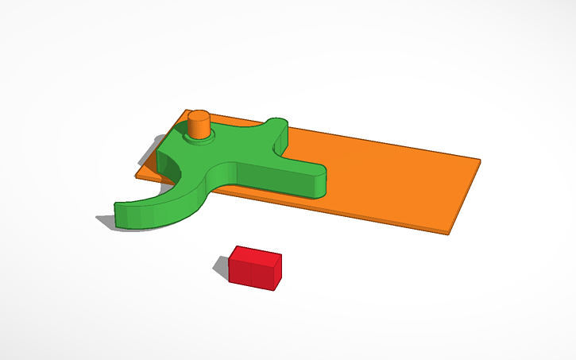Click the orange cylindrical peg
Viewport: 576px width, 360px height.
click(198, 126)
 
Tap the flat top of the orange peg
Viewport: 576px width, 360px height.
click(198, 116)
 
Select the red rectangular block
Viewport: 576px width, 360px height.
click(255, 266)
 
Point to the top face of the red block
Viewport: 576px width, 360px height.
click(257, 254)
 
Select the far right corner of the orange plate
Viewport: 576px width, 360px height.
click(480, 161)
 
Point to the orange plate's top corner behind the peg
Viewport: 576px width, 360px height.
click(184, 111)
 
